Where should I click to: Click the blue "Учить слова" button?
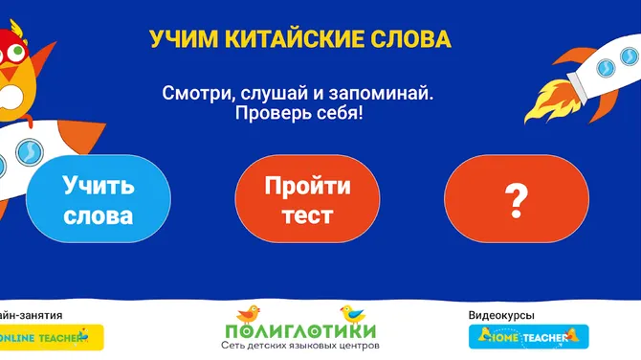coord(99,199)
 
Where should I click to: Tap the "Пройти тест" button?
coord(308,199)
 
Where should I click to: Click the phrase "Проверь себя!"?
coord(298,113)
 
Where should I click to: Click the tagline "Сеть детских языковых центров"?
coord(300,345)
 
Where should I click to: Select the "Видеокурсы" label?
coord(501,314)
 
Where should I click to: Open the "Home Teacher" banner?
coord(527,337)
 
